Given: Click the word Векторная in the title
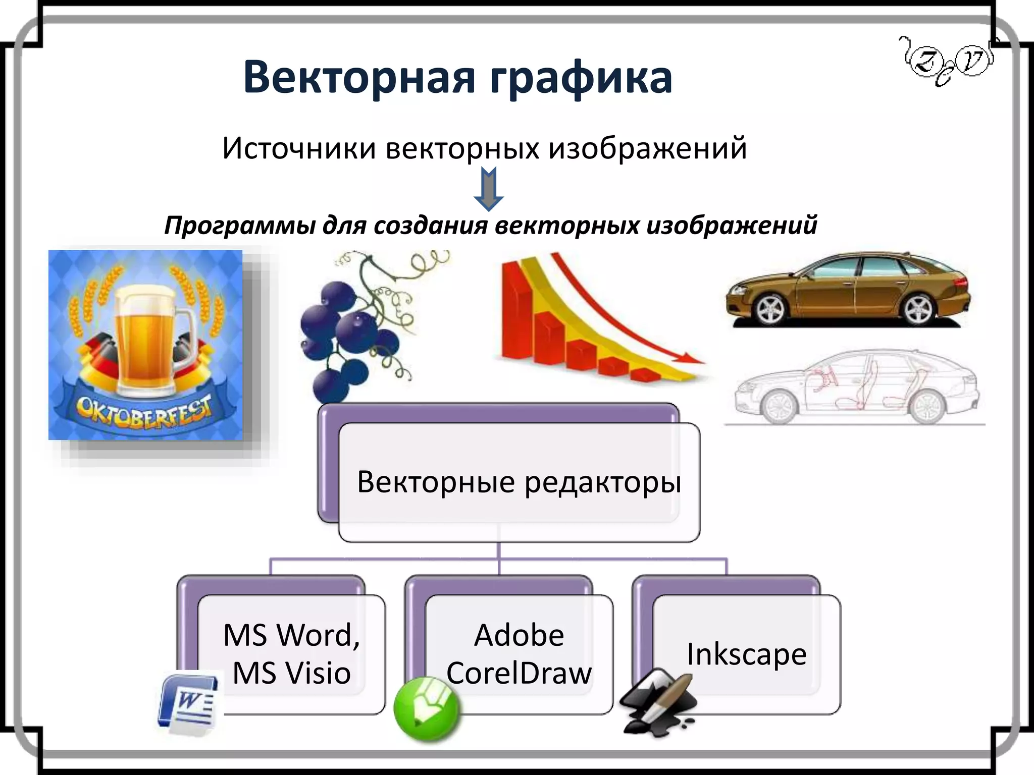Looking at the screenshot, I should (359, 78).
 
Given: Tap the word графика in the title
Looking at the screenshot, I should (581, 78).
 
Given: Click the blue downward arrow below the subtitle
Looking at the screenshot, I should (488, 189).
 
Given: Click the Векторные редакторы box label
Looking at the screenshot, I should (519, 482).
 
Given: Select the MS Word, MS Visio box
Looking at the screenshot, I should (291, 654).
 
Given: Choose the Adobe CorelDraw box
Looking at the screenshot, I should (519, 654).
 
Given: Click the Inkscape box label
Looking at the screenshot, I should (746, 654).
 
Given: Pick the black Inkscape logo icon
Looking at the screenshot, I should (656, 701).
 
